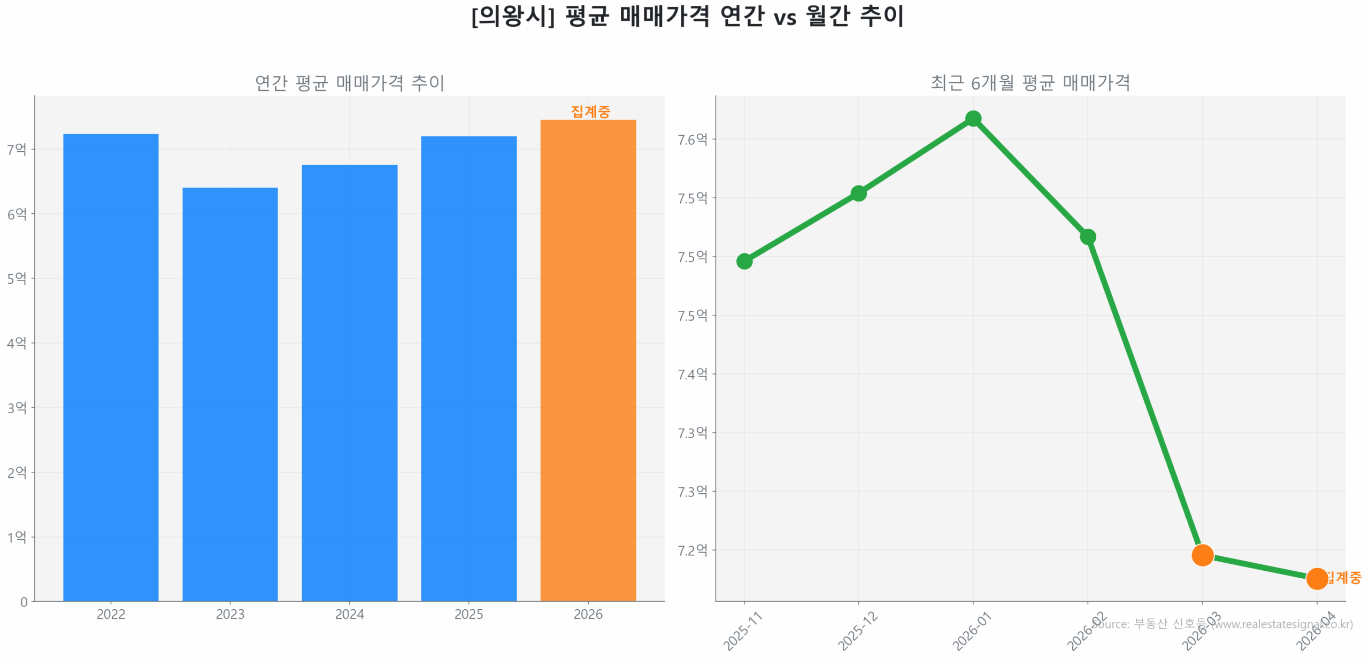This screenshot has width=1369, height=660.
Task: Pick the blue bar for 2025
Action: click(468, 368)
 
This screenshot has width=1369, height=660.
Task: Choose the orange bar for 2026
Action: click(588, 360)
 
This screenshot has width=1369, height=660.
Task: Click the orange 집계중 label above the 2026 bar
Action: click(590, 112)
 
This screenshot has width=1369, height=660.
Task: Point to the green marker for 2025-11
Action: click(744, 261)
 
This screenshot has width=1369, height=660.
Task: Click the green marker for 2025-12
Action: click(858, 193)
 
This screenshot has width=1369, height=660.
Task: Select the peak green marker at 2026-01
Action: click(973, 119)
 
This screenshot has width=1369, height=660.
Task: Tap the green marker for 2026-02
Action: click(1088, 237)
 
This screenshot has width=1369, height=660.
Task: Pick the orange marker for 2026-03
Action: click(1202, 555)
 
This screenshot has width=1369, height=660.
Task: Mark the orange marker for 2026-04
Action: click(1317, 578)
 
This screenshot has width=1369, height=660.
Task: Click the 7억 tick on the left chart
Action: click(17, 149)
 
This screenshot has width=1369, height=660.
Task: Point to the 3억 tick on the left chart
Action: click(17, 408)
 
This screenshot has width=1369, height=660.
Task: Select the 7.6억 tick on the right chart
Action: click(692, 139)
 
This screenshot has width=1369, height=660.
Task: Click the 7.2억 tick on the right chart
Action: click(692, 550)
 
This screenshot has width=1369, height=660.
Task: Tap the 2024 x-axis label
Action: click(349, 615)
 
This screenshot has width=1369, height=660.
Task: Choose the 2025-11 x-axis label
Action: click(742, 632)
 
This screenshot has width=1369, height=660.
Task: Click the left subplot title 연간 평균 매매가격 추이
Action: click(349, 83)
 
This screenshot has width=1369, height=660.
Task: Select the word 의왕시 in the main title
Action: click(513, 16)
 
